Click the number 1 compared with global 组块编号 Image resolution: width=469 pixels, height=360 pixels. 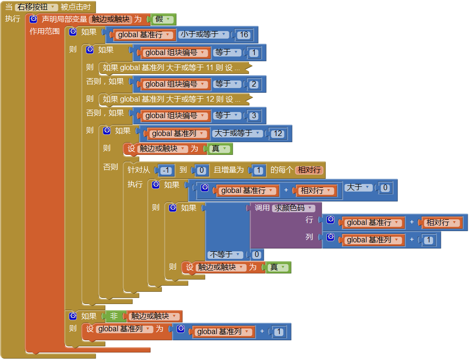pos(254,52)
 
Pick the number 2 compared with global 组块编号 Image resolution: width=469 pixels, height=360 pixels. pos(254,84)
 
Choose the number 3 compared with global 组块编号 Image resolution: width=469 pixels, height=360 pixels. pos(254,115)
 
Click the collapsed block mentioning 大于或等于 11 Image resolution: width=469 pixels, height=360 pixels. pos(172,68)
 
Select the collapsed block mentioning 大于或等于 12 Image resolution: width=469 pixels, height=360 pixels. pos(172,99)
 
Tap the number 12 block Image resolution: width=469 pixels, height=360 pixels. pos(278,133)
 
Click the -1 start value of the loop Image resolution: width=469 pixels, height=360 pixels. pos(167,170)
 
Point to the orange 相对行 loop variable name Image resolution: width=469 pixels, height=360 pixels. pos(309,170)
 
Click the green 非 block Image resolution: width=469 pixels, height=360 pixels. pos(114,316)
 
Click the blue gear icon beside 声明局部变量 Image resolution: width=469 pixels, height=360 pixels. pos(33,19)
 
